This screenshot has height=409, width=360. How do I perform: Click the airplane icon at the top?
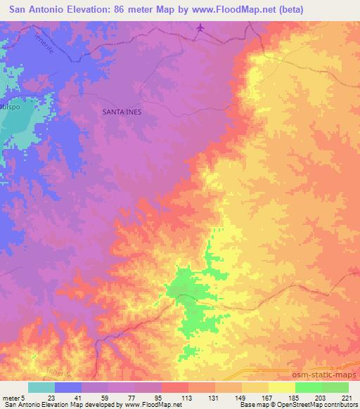click(x=202, y=28)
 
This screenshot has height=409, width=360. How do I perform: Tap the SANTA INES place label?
click(x=123, y=111)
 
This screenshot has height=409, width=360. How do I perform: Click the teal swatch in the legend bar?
click(x=41, y=387)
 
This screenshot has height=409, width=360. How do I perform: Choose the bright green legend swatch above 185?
click(x=309, y=387)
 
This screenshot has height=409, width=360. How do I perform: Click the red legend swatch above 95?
click(x=175, y=387)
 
